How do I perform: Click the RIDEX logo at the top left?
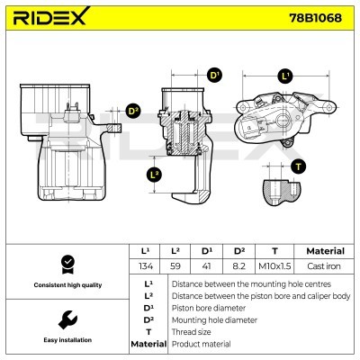pos(50,17)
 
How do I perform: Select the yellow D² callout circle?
pos(132,111)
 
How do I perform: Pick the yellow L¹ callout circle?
pos(285,76)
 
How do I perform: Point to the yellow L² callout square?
pos(154,173)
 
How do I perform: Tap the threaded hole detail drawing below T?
pos(282,192)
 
